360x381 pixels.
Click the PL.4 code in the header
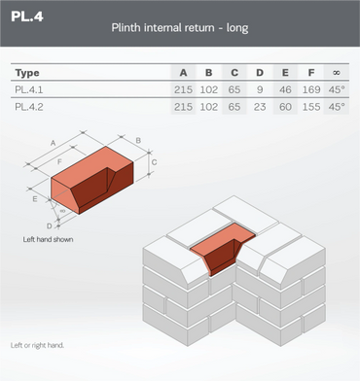[x=27, y=17]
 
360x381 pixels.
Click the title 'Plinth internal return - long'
[x=180, y=27]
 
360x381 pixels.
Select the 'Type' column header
[x=27, y=73]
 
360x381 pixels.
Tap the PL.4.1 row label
[x=29, y=89]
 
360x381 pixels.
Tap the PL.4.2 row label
[x=29, y=107]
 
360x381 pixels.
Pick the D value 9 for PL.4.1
[x=260, y=89]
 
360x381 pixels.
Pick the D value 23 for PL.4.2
[x=260, y=107]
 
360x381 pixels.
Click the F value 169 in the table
[x=311, y=89]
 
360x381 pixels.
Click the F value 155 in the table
[x=311, y=107]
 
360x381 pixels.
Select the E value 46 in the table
[x=285, y=89]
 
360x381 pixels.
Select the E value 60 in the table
[x=285, y=107]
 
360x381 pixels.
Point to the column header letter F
[x=311, y=73]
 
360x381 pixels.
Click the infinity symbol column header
[x=337, y=73]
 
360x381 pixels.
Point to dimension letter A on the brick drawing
[x=54, y=143]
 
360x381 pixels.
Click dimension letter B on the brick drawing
[x=138, y=141]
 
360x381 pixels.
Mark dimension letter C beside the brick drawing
[x=155, y=162]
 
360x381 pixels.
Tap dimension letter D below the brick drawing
[x=50, y=226]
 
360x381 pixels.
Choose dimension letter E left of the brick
[x=35, y=199]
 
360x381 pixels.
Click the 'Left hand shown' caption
[x=48, y=239]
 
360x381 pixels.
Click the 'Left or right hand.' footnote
[x=37, y=345]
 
